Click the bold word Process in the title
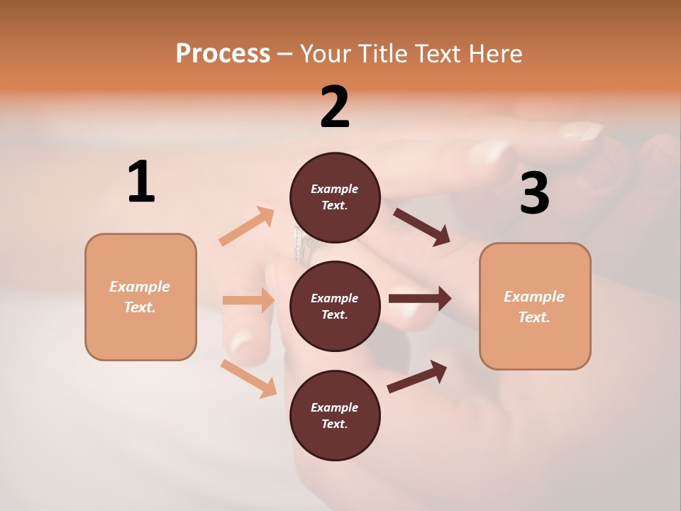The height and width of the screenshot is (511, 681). [223, 54]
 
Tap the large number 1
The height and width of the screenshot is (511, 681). [141, 182]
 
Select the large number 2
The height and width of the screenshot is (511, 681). [335, 107]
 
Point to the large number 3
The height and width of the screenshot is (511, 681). [534, 193]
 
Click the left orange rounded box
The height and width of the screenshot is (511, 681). [140, 297]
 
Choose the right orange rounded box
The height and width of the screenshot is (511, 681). [535, 306]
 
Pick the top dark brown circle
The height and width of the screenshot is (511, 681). [335, 197]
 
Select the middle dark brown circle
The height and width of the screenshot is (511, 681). [335, 306]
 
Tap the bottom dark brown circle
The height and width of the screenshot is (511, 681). [335, 415]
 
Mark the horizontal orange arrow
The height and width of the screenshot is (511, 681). [248, 300]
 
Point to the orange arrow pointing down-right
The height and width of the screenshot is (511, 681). [248, 378]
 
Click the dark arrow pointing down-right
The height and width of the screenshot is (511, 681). [422, 227]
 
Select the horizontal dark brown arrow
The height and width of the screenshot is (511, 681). [420, 299]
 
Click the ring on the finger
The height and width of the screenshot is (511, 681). [304, 243]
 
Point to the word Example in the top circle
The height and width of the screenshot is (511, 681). [335, 189]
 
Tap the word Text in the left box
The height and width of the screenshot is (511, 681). [139, 307]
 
